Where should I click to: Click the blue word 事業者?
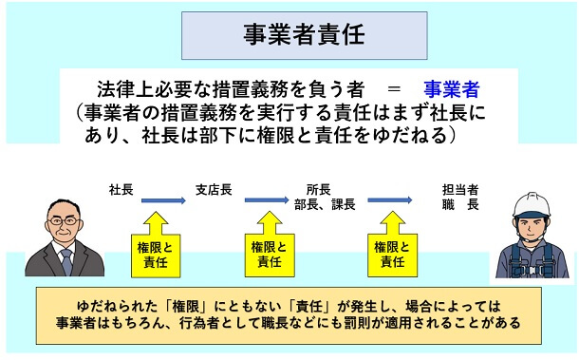(452, 89)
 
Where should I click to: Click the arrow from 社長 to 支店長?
(161, 200)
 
